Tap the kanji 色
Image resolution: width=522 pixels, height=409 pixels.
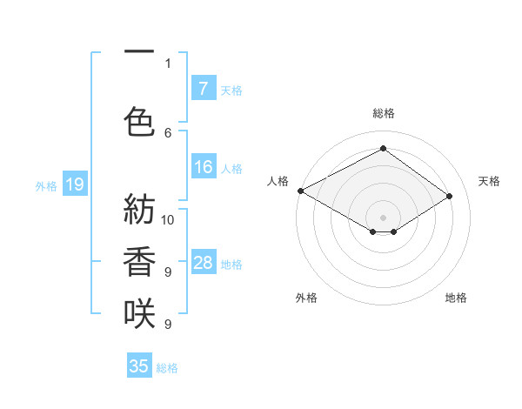139,122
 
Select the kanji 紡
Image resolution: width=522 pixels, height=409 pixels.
139,209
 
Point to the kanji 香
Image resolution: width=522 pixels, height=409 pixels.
139,261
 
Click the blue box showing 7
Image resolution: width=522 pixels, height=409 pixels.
203,89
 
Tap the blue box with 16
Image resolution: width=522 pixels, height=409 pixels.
203,167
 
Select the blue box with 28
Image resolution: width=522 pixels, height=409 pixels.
203,263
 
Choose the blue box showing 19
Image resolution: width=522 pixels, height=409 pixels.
74,184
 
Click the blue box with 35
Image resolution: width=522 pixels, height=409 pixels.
139,366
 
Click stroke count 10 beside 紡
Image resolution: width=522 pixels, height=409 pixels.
168,219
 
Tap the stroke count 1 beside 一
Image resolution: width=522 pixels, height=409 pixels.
168,63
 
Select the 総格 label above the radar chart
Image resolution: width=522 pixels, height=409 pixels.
383,113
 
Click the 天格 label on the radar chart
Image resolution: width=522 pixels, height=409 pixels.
489,181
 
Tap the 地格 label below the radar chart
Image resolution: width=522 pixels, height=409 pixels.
456,298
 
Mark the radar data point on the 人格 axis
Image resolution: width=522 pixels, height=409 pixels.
300,190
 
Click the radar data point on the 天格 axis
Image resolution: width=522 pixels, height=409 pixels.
450,196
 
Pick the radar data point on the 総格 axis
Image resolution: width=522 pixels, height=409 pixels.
383,149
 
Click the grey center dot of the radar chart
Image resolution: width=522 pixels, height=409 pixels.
383,217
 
